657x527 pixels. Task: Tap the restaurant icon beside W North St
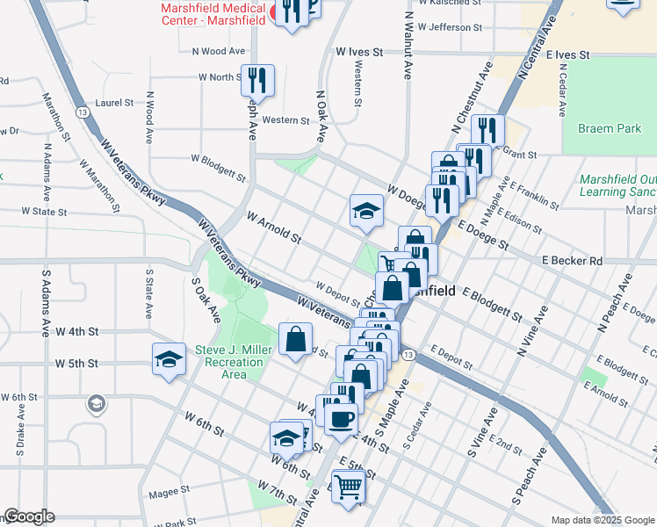(x=257, y=81)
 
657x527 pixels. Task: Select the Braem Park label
(x=610, y=128)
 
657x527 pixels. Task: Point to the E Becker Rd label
(x=572, y=261)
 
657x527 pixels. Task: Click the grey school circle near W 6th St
(x=97, y=403)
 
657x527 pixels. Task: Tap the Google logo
(x=29, y=516)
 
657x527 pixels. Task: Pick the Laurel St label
(x=114, y=103)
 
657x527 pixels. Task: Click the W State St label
(x=44, y=212)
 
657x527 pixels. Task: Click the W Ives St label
(x=360, y=53)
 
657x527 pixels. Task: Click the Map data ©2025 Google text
(x=602, y=520)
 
